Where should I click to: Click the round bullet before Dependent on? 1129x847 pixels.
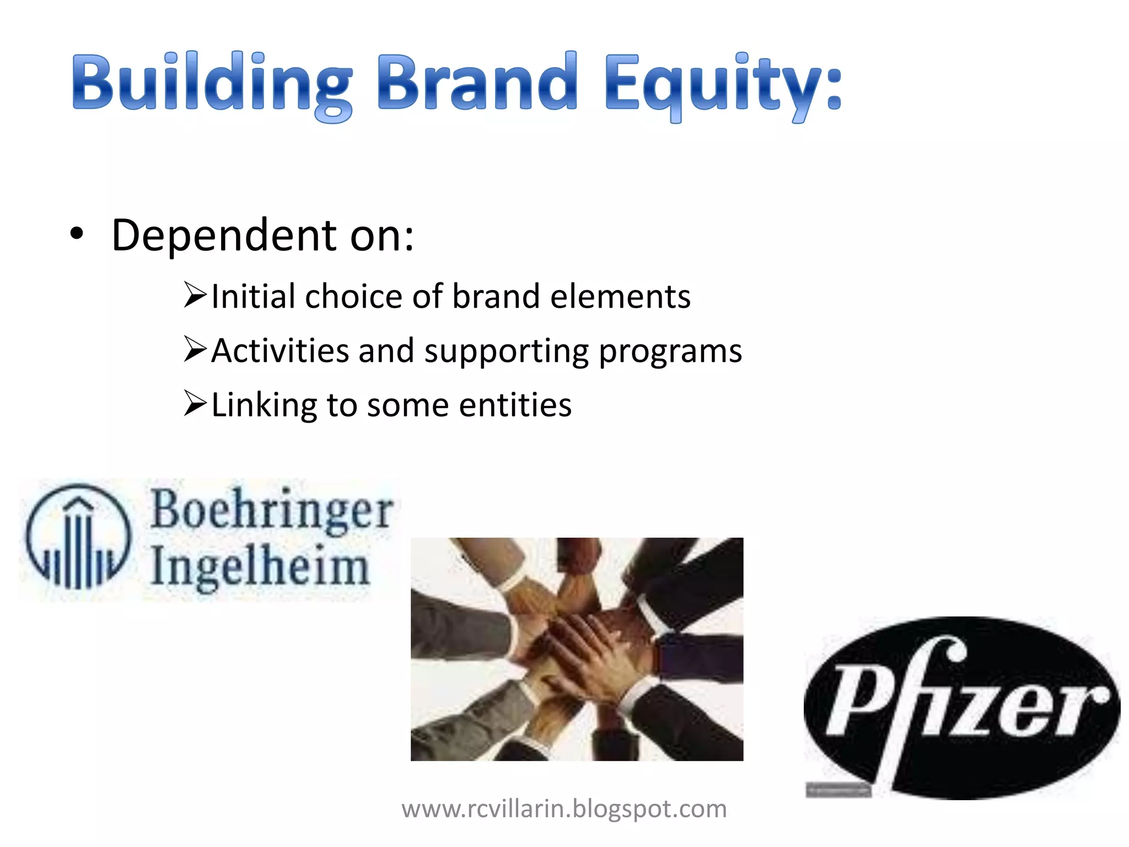77,234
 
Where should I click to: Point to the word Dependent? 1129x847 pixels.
224,235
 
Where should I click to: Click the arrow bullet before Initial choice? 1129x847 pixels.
195,295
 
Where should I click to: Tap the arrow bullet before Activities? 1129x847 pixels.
195,349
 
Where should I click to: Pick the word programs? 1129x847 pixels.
670,352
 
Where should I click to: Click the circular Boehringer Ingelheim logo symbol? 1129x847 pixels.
79,537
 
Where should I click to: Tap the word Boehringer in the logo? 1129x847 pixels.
272,510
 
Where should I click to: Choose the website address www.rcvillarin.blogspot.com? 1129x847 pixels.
564,809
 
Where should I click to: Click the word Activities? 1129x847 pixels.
280,351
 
